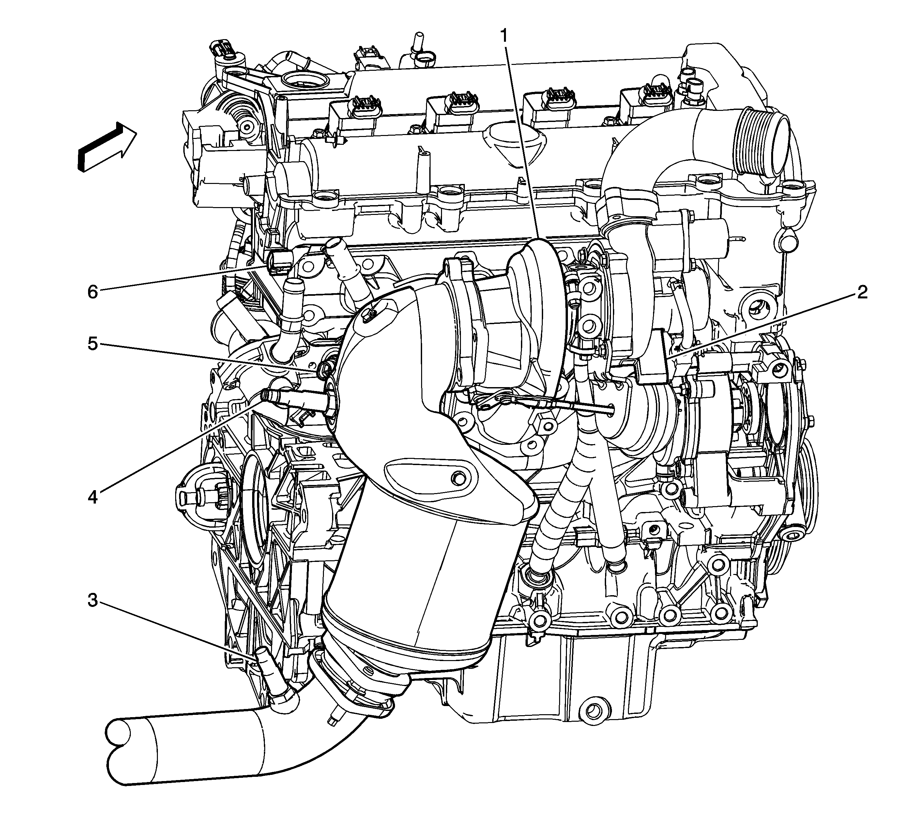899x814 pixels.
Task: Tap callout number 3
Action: pos(92,601)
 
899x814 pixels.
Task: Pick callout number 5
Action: pos(92,344)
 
